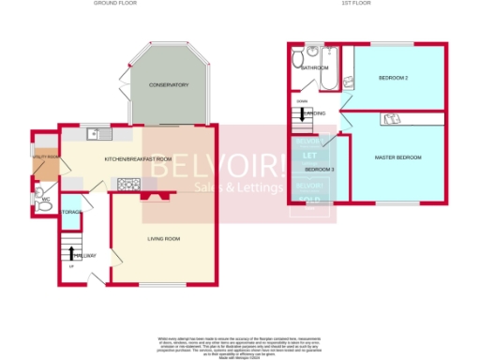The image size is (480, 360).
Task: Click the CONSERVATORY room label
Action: (169, 85)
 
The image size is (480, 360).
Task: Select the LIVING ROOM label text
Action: (164, 239)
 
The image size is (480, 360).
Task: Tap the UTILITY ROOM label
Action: (45, 157)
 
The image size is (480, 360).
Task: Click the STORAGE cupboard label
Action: (70, 212)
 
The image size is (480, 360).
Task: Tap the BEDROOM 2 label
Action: (393, 77)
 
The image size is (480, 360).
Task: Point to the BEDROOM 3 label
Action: (319, 168)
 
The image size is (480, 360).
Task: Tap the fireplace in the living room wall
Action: (154, 195)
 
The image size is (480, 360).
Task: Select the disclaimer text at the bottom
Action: (240, 345)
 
